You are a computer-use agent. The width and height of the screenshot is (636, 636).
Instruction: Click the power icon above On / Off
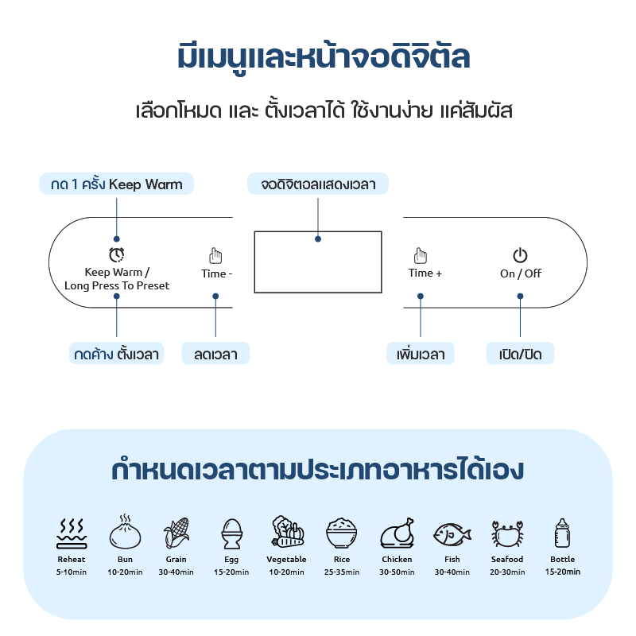520,255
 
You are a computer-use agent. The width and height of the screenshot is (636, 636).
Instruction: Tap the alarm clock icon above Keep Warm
117,254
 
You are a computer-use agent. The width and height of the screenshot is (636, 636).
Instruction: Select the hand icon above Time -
215,255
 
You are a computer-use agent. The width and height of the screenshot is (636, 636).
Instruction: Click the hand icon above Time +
421,255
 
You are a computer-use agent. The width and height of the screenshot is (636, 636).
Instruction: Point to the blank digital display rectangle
317,262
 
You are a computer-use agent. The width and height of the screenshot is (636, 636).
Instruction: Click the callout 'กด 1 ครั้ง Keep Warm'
117,184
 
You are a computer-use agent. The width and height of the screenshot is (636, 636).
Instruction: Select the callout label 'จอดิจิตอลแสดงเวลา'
318,184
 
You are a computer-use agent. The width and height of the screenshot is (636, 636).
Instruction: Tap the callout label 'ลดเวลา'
215,354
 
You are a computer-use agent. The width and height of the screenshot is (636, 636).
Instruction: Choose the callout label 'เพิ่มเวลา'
421,354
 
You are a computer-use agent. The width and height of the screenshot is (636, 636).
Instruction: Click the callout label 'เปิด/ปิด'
520,354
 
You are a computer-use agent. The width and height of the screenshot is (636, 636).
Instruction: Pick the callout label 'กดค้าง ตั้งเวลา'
117,354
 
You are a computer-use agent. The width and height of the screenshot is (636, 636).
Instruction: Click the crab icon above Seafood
506,533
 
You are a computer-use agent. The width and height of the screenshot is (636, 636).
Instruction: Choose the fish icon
452,533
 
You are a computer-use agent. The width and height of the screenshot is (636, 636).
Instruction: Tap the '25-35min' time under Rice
342,572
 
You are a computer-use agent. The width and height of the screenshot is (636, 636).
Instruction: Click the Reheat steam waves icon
71,533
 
